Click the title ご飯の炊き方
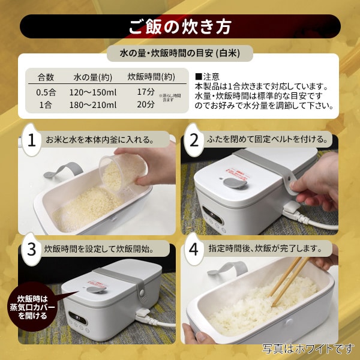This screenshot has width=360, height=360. [179, 26]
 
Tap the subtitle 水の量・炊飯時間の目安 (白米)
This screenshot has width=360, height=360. [179, 53]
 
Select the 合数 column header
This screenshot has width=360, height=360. [46, 77]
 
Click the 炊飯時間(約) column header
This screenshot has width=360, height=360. [151, 77]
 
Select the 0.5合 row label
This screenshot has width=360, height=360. [46, 92]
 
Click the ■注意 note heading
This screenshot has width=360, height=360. [207, 77]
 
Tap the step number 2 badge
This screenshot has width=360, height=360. [194, 140]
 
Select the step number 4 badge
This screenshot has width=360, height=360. [194, 249]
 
